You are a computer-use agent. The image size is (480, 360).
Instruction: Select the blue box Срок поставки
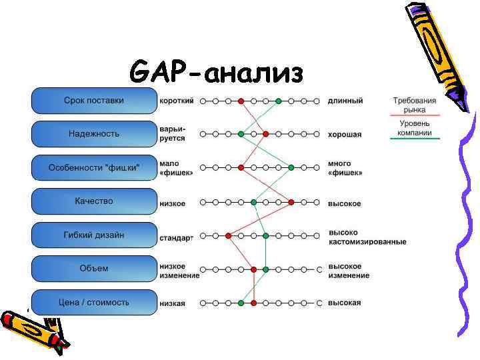(x=93, y=101)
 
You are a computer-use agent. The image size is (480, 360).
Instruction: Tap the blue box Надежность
(x=93, y=134)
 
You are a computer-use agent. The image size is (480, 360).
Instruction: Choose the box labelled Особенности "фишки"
(x=93, y=168)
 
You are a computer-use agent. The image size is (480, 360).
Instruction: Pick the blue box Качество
(x=93, y=201)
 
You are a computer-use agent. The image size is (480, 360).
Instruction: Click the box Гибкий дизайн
(x=93, y=235)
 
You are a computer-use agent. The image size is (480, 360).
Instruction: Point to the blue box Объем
(x=93, y=269)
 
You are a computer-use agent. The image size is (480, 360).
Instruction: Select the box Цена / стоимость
(x=93, y=303)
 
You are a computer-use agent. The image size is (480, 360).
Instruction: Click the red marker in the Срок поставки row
(x=241, y=101)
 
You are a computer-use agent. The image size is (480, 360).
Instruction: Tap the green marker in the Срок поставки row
(x=279, y=101)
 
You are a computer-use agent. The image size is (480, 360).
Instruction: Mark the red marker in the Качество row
(x=291, y=201)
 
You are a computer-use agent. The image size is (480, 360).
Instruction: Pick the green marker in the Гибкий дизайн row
(x=266, y=235)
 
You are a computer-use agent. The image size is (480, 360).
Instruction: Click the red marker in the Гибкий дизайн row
(x=228, y=235)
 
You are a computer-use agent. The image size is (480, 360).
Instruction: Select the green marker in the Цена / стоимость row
(x=241, y=303)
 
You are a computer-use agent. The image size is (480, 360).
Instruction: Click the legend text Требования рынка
(x=414, y=105)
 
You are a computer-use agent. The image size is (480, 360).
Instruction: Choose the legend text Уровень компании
(x=414, y=128)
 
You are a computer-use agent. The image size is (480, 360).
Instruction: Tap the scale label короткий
(x=177, y=101)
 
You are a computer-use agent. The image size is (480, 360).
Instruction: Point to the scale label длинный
(x=345, y=101)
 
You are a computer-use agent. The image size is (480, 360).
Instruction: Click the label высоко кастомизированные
(x=367, y=237)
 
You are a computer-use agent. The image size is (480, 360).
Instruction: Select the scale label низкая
(x=172, y=303)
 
